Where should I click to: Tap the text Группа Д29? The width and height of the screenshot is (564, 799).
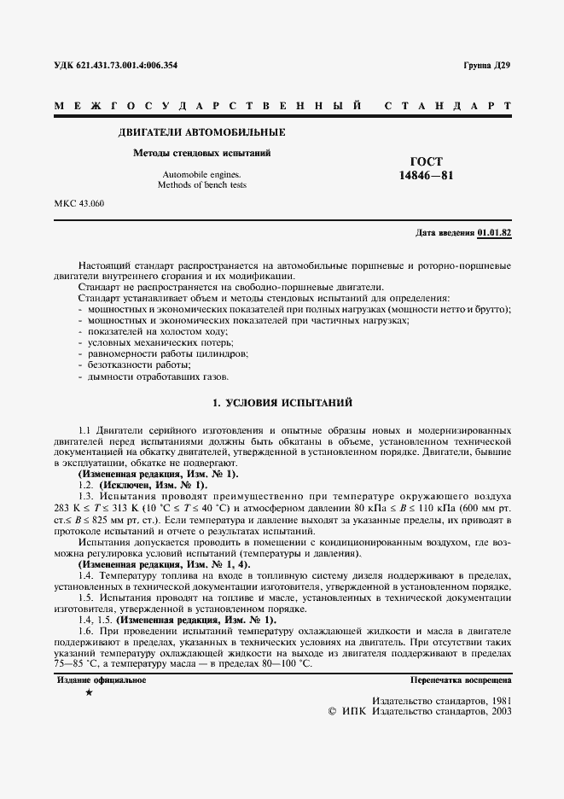point(486,65)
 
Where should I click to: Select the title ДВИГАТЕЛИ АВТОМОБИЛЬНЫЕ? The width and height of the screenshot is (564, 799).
point(201,132)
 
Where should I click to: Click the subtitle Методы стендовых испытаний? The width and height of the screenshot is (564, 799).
point(201,154)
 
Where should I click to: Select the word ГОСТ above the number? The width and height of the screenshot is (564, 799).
point(427,161)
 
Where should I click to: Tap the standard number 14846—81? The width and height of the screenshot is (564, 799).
point(427,176)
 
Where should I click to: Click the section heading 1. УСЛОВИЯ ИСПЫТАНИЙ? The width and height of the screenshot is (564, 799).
point(282,402)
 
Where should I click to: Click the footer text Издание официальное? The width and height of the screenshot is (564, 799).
point(102,680)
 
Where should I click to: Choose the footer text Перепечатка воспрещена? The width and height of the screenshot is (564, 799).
point(461,680)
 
